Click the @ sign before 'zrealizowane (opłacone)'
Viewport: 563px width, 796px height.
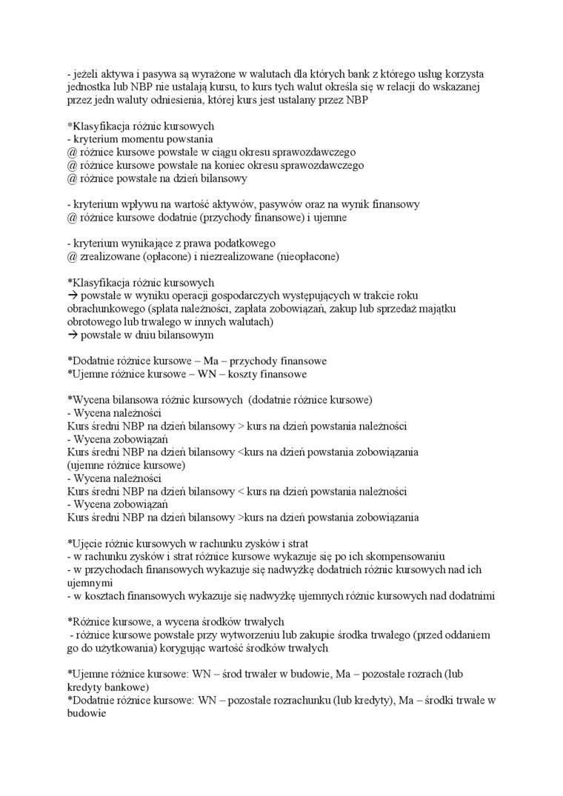[x=72, y=256]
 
